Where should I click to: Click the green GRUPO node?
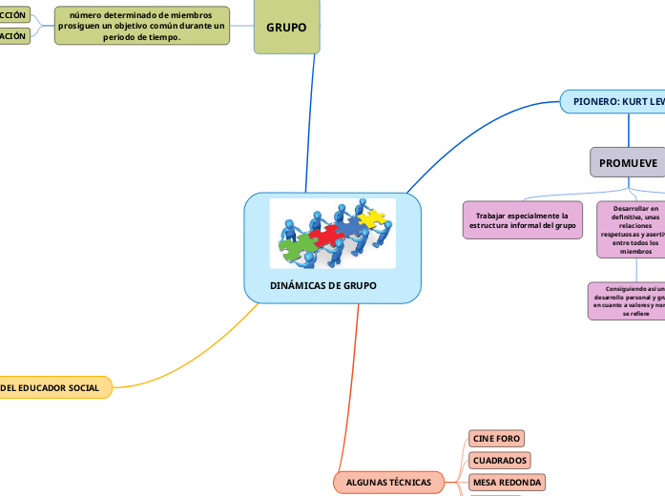(286, 27)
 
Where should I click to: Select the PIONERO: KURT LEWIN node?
(615, 101)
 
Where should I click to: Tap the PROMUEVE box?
(628, 163)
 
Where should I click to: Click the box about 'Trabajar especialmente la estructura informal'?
(522, 219)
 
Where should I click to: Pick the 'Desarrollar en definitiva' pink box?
(630, 229)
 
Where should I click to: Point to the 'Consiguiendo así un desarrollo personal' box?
(627, 300)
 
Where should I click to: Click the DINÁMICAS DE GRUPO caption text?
(322, 286)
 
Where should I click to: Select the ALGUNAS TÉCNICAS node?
(388, 483)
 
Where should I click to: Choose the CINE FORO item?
(496, 438)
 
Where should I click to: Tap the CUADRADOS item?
(500, 460)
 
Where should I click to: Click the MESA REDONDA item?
(507, 483)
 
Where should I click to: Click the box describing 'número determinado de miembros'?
(142, 26)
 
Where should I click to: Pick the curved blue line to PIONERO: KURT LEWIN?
(477, 124)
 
